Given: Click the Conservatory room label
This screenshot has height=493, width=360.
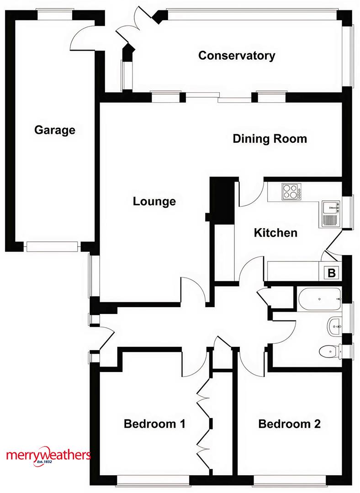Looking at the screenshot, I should tap(237, 56).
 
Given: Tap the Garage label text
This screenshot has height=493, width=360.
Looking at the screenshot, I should tap(54, 130).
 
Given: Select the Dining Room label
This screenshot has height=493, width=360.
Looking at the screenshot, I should tap(270, 139).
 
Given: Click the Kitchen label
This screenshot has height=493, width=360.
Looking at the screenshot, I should tap(275, 233).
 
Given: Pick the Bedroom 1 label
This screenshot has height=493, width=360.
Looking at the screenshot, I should tap(154, 424).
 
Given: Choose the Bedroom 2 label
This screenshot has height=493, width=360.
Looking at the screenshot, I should tap(289, 424).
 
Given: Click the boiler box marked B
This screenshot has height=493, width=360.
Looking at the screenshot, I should tap(332, 273).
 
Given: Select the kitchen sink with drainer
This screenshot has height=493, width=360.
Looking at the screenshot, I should tap(330, 214).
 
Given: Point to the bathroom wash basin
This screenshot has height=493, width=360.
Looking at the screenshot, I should tap(335, 325).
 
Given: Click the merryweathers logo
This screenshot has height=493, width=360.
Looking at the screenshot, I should tap(48, 455).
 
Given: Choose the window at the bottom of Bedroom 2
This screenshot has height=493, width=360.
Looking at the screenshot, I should tap(289, 480).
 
